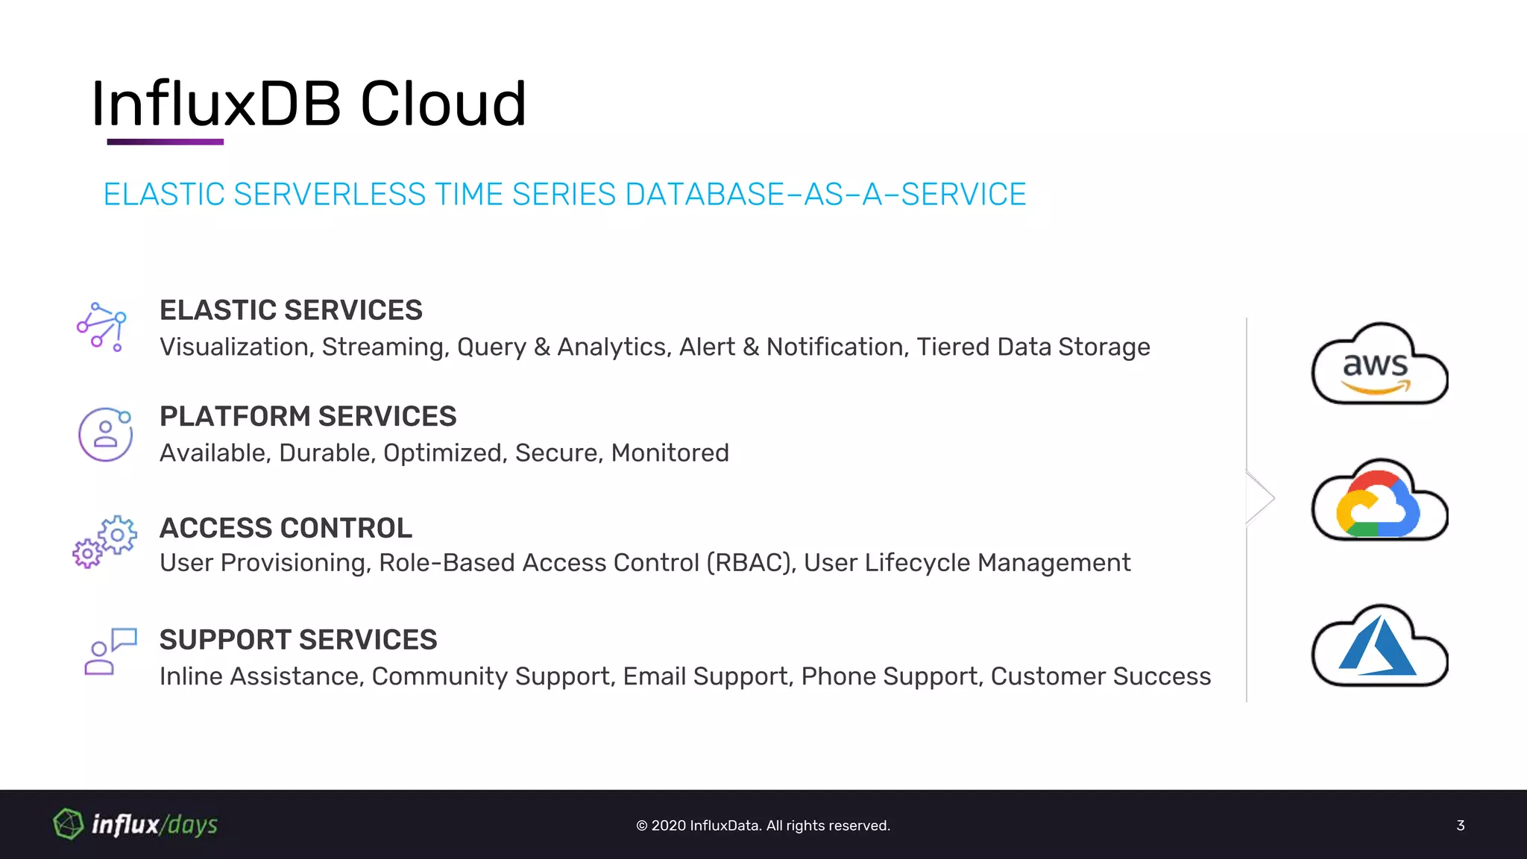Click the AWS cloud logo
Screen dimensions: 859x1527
click(x=1379, y=364)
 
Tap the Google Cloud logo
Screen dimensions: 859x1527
click(x=1379, y=500)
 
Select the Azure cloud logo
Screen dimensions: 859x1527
click(x=1379, y=646)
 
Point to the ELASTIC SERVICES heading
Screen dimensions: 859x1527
click(x=291, y=310)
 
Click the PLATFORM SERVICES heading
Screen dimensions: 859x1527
click(x=308, y=416)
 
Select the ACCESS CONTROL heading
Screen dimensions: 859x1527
click(x=286, y=528)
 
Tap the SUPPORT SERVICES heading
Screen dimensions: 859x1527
click(x=298, y=640)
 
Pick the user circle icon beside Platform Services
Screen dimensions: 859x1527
click(x=105, y=434)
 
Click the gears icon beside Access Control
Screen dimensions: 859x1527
click(x=105, y=542)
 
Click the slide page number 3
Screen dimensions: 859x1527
click(x=1460, y=825)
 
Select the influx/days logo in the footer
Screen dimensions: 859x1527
click(x=136, y=825)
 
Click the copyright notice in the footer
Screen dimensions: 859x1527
click(x=763, y=825)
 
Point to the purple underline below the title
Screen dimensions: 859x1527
click(x=165, y=142)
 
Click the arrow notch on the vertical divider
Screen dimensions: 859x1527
click(x=1261, y=497)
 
